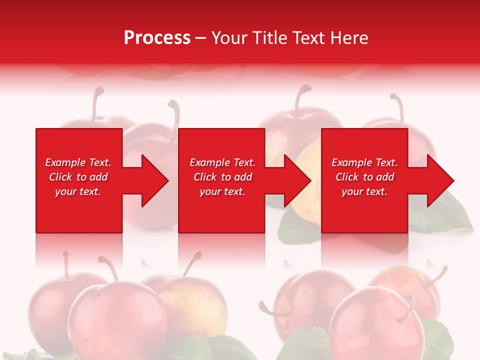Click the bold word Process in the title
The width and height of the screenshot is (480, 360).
click(157, 38)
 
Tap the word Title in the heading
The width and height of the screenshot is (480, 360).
click(269, 38)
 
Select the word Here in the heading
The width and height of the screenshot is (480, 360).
click(349, 38)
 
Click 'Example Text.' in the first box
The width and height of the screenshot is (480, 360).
click(78, 162)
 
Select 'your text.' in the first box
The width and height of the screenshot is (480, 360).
click(78, 191)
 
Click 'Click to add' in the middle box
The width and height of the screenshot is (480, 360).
click(222, 177)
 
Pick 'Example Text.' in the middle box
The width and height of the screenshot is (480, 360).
click(222, 162)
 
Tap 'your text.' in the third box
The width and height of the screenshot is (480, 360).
click(364, 191)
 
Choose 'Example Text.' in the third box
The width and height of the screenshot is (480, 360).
click(364, 162)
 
